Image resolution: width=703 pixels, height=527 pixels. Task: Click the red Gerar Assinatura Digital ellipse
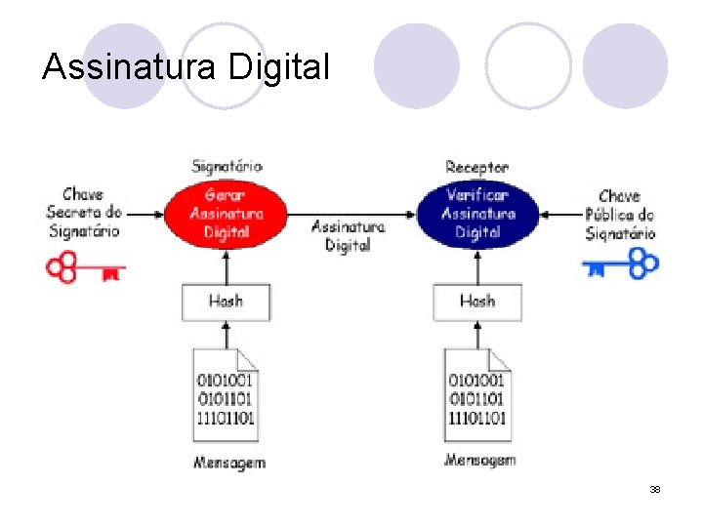[x=226, y=214]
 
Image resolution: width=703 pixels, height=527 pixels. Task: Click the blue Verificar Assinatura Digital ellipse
[x=477, y=214]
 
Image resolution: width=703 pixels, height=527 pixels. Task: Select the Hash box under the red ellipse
[x=226, y=301]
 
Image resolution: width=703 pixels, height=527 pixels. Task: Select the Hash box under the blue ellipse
[x=477, y=302]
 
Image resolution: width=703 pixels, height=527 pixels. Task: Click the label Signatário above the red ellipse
[x=227, y=167]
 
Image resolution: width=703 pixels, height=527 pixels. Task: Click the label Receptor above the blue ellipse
[x=476, y=168]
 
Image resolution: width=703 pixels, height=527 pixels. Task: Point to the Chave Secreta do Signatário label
[x=85, y=213]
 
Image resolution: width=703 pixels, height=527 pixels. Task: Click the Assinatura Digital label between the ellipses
[x=349, y=236]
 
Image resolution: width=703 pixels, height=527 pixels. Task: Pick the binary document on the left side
[x=226, y=396]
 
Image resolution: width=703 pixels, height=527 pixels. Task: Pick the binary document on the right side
[x=476, y=396]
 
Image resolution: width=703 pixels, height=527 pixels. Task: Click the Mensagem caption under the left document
[x=228, y=462]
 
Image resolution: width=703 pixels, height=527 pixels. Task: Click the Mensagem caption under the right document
[x=479, y=459]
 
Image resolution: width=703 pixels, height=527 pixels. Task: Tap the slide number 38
[x=655, y=489]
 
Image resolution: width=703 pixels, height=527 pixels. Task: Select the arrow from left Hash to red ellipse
[x=226, y=264]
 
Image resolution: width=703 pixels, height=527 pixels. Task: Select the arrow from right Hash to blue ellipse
[x=477, y=264]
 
